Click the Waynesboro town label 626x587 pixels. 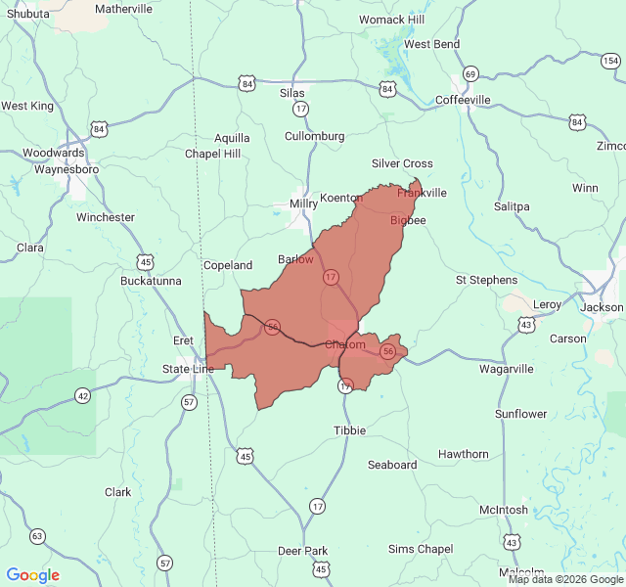coord(67,169)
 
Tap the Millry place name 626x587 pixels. coord(303,204)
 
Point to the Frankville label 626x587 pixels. coord(422,193)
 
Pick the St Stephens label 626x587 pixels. coord(486,280)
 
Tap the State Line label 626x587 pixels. coord(188,369)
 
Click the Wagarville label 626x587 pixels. coord(507,369)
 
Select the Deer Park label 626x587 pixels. coord(303,551)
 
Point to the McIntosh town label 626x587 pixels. coord(504,511)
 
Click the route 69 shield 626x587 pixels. coord(470,74)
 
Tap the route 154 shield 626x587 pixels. coord(610,62)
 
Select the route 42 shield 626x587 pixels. coord(82,395)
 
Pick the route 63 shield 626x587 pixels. coord(37,536)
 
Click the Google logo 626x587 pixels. coord(33,575)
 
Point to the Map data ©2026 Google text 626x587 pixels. coord(564,579)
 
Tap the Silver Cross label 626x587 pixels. coord(402,163)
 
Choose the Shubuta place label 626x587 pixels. coord(27,13)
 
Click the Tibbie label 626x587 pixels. coord(349,430)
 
